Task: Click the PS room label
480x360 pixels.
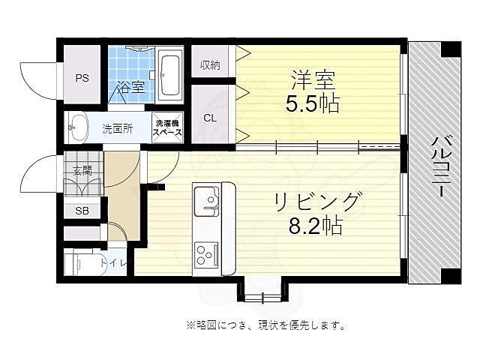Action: (x=81, y=76)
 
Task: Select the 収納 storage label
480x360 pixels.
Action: (x=210, y=64)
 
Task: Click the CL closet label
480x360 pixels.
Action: (x=210, y=117)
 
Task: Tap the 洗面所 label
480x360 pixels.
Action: (x=118, y=128)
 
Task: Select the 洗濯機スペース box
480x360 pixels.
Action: (x=167, y=127)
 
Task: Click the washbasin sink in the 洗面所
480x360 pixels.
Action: (x=77, y=127)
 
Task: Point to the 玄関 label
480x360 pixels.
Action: (x=82, y=171)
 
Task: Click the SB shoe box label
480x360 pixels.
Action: (x=82, y=211)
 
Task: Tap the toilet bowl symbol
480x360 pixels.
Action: (x=77, y=263)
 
